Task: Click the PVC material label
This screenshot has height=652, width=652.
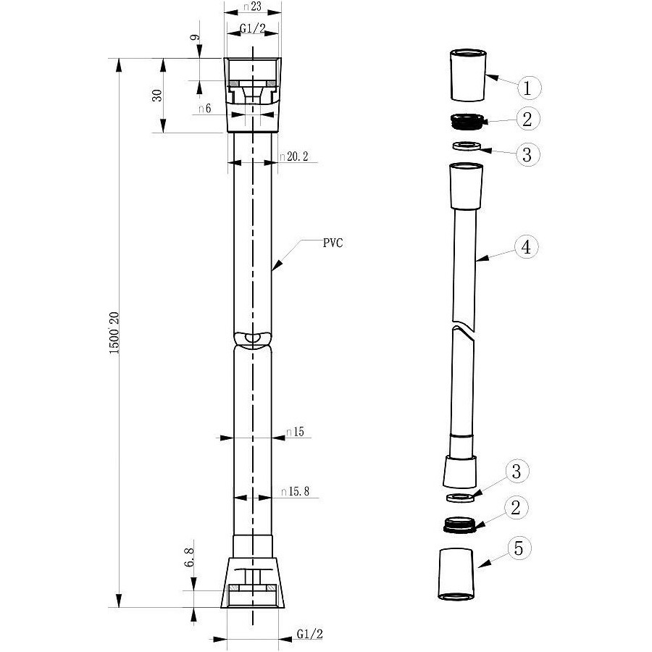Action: coord(333,243)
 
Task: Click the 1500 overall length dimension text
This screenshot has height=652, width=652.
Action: coord(114,333)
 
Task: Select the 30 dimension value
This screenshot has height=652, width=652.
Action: coord(157,96)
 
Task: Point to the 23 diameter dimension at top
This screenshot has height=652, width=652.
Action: coord(253,7)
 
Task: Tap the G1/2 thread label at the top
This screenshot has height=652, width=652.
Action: coord(253,28)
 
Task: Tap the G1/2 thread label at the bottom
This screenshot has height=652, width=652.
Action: coord(310,634)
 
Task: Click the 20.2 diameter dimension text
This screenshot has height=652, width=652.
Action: coord(294,156)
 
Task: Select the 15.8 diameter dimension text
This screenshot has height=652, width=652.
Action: coord(295,491)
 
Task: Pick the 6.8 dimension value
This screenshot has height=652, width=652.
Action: coord(189,557)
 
